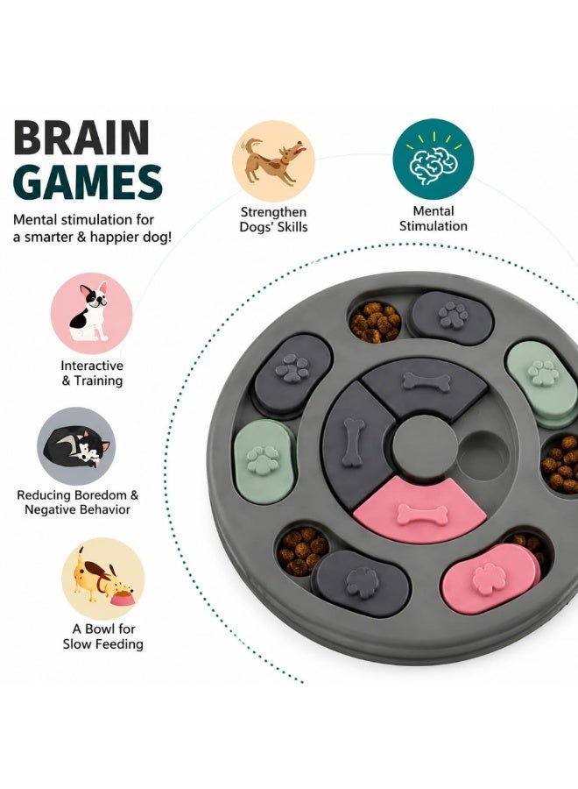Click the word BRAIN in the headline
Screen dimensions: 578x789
(x=81, y=137)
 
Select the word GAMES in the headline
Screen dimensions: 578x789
(x=88, y=181)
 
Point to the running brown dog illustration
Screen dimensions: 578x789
(x=273, y=161)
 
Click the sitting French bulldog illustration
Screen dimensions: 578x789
(x=90, y=312)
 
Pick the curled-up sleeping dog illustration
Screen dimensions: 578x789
(x=76, y=447)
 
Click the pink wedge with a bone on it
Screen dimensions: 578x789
(x=419, y=509)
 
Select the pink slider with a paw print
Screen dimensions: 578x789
(x=484, y=579)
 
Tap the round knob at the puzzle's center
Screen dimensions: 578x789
(x=425, y=444)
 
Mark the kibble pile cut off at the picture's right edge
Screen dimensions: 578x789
(x=560, y=464)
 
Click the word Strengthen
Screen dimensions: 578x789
(x=273, y=212)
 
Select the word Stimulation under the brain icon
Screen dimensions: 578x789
(x=433, y=226)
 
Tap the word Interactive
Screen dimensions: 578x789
(x=92, y=366)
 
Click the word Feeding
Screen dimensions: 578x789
(x=120, y=644)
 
